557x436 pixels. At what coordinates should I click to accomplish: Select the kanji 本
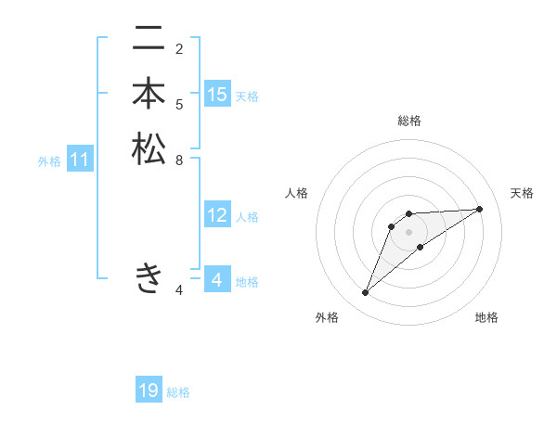click(x=149, y=95)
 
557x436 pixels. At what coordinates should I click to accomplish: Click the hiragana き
click(x=149, y=277)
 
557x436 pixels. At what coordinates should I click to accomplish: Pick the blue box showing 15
click(x=217, y=95)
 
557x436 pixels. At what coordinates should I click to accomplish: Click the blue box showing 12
click(x=217, y=215)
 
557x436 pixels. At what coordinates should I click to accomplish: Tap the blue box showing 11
click(x=80, y=160)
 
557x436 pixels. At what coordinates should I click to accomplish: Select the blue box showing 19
click(x=149, y=391)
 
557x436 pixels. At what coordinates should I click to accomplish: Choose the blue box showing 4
click(x=217, y=280)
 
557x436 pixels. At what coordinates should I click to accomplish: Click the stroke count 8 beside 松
click(x=179, y=159)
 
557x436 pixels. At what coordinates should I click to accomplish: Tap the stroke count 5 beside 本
click(x=179, y=104)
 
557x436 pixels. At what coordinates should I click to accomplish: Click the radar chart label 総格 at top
click(x=408, y=121)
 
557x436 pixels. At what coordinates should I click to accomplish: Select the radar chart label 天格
click(x=522, y=193)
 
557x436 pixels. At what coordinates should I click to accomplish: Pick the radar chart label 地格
click(x=486, y=317)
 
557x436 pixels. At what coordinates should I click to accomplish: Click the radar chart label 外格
click(x=327, y=317)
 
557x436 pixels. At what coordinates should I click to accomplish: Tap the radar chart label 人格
click(x=296, y=193)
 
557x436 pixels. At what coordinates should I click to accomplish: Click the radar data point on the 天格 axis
click(x=479, y=209)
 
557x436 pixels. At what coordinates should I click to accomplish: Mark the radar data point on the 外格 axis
click(x=366, y=293)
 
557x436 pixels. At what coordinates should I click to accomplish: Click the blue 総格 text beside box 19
click(x=178, y=392)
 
